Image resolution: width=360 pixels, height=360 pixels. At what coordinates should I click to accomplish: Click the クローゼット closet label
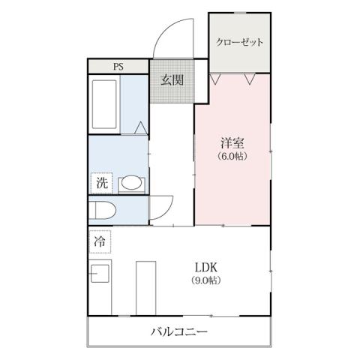239,42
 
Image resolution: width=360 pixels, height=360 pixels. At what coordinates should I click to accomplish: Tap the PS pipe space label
118,66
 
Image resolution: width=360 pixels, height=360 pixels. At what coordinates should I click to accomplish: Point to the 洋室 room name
232,142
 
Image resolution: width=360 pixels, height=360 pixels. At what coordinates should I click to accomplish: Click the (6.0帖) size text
232,157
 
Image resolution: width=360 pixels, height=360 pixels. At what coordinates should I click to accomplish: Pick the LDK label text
207,266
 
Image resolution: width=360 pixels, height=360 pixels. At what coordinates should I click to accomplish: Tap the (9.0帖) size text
207,280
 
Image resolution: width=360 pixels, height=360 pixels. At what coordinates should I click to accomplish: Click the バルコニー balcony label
179,331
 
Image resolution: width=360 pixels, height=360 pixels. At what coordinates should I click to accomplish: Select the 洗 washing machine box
101,182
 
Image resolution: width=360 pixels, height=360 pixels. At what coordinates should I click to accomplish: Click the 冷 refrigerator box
100,241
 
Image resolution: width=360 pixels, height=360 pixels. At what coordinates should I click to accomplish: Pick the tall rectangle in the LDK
145,286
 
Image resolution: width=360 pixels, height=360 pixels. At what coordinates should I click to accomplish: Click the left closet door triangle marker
215,78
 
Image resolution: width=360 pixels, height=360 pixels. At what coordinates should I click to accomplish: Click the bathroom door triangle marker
140,128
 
